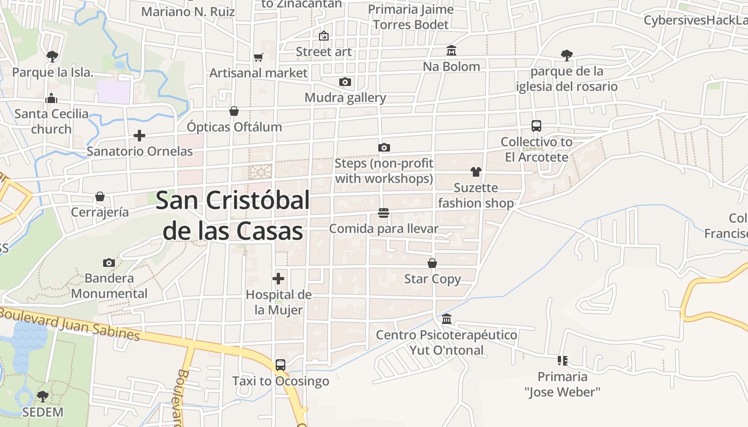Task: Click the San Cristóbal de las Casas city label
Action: [233, 216]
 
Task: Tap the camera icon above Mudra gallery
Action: [345, 82]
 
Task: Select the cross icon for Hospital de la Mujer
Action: [278, 279]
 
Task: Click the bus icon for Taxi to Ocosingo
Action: [280, 365]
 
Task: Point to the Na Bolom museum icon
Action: [451, 51]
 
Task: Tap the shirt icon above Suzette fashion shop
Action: [476, 172]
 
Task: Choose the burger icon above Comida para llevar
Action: [383, 213]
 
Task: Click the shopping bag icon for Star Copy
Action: [432, 263]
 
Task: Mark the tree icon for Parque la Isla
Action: [52, 56]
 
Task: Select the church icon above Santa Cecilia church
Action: [51, 98]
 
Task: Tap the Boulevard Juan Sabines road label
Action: [69, 323]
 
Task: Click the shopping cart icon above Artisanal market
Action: [259, 57]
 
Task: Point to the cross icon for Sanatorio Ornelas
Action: [139, 136]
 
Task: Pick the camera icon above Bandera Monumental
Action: [109, 263]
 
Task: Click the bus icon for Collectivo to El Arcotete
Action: [536, 126]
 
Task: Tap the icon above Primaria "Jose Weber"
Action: [562, 361]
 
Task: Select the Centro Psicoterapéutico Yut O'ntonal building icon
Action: [447, 319]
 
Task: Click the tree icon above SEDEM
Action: [43, 397]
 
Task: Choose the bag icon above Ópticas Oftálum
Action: [234, 111]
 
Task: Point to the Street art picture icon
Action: [323, 36]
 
